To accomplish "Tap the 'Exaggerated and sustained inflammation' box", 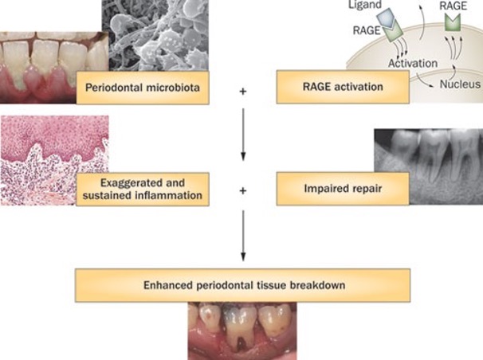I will pos(143,188).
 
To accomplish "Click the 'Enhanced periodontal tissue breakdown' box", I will pos(242,284).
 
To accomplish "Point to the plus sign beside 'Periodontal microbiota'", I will pos(242,92).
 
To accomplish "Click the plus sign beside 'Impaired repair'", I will pos(242,191).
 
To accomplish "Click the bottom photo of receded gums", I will pos(242,331).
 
